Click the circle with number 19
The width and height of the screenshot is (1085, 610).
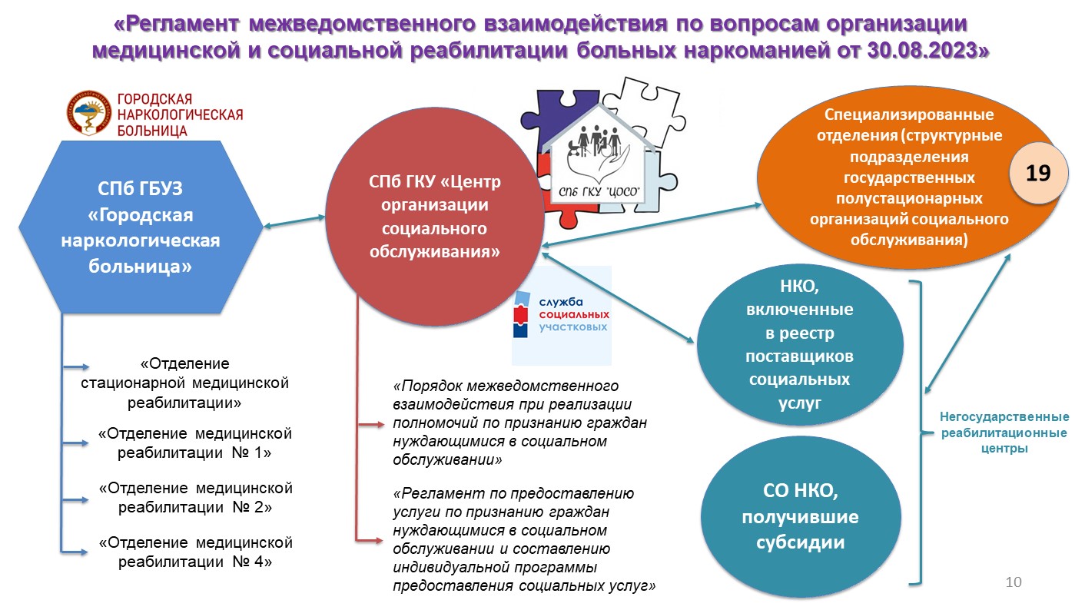click(x=1038, y=173)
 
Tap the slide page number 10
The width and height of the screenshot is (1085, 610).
click(x=1014, y=582)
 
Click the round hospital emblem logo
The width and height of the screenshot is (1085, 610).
click(x=88, y=113)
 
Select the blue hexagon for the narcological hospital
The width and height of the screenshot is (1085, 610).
click(x=141, y=227)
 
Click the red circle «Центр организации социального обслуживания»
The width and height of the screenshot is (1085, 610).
click(x=434, y=217)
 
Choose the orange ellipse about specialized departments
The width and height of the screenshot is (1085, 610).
click(x=909, y=177)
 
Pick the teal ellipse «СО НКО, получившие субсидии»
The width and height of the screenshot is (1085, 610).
click(x=800, y=516)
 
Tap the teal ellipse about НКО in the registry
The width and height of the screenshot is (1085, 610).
click(x=800, y=344)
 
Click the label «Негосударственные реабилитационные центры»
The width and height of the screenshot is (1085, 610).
click(x=1004, y=433)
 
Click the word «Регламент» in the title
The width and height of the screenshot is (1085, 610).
click(x=181, y=24)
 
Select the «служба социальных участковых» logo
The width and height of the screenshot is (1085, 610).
click(x=562, y=315)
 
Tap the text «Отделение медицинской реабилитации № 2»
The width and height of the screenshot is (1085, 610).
click(x=195, y=497)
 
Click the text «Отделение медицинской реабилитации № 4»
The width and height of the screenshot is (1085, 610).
click(x=195, y=552)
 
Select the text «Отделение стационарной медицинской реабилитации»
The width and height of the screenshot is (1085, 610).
click(x=184, y=383)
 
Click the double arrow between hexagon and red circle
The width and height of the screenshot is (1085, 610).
click(x=294, y=222)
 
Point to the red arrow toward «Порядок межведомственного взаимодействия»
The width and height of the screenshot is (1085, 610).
click(x=371, y=425)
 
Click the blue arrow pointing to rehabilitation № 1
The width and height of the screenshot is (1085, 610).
click(x=75, y=443)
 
